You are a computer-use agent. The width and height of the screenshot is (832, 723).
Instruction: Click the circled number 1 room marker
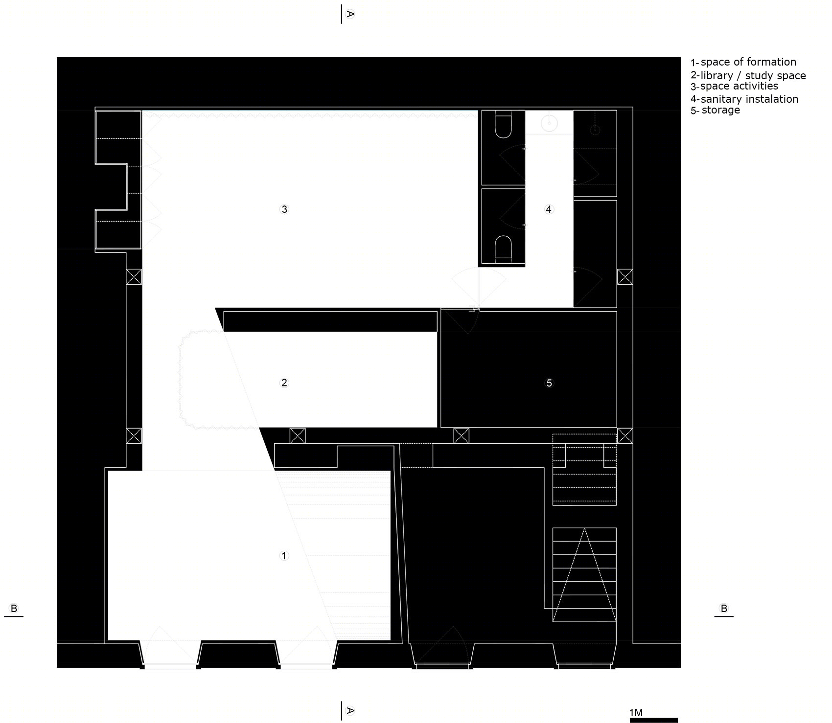[284, 556]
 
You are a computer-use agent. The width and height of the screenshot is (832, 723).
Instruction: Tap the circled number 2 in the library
[284, 383]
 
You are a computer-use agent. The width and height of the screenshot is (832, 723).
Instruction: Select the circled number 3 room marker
[284, 209]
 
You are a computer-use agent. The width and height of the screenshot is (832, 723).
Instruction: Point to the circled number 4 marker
[549, 209]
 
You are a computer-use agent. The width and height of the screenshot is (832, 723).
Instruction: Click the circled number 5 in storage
[549, 383]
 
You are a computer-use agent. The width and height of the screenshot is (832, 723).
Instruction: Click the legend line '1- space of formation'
[743, 62]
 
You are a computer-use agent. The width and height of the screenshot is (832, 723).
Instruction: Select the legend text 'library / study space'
[753, 75]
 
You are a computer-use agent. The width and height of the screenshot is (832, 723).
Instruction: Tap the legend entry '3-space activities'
[734, 87]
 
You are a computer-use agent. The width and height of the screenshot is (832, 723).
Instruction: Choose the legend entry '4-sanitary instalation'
[744, 99]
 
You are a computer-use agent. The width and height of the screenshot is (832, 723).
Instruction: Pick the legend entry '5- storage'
[715, 110]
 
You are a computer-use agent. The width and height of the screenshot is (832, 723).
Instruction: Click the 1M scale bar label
[636, 713]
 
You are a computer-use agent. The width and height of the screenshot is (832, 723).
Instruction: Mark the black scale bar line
[653, 720]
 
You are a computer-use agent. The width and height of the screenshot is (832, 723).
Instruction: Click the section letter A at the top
[350, 14]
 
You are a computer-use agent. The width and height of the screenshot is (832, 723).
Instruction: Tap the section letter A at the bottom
[350, 710]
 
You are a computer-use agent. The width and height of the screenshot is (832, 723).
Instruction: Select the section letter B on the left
[14, 609]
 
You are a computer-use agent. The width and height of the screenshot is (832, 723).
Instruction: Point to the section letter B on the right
[724, 609]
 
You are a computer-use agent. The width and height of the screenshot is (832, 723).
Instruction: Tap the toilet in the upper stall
[504, 125]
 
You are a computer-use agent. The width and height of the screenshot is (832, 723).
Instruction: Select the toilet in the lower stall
[504, 249]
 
